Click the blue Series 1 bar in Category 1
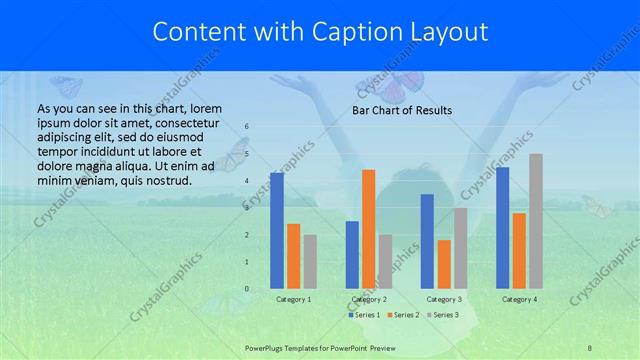tap(277, 231)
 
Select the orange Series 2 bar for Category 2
tap(368, 229)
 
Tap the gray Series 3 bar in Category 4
tap(536, 221)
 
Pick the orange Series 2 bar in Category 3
tap(444, 264)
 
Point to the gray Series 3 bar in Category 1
tap(310, 262)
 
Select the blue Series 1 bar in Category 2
tap(352, 255)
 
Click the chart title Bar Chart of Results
tap(403, 110)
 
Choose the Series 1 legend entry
tap(362, 315)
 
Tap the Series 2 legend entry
tap(403, 315)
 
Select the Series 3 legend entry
tap(443, 315)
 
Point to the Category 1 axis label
tap(293, 299)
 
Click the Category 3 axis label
tap(444, 299)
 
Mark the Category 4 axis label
tap(519, 299)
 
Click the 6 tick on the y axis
tap(247, 127)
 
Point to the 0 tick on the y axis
tap(247, 289)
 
